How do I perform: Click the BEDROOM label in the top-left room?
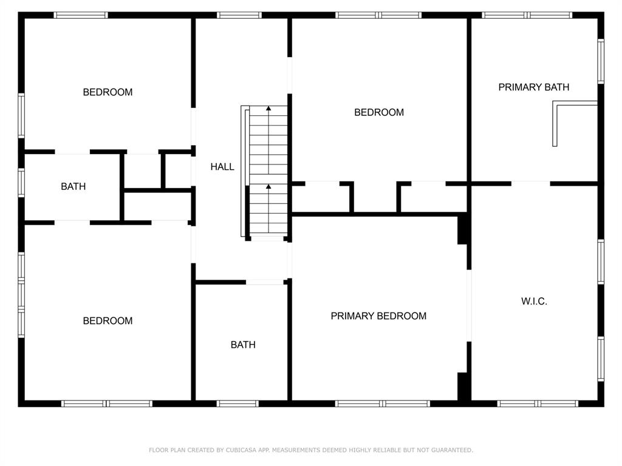pyautogui.click(x=108, y=92)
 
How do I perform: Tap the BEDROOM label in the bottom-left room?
pyautogui.click(x=108, y=321)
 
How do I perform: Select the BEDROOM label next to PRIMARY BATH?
pyautogui.click(x=379, y=112)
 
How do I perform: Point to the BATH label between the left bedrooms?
pyautogui.click(x=73, y=187)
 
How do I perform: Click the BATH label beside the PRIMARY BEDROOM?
pyautogui.click(x=243, y=345)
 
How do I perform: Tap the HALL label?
pyautogui.click(x=222, y=167)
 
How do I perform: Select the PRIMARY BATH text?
pyautogui.click(x=534, y=87)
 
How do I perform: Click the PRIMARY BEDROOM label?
pyautogui.click(x=378, y=316)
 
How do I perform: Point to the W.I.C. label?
pyautogui.click(x=534, y=302)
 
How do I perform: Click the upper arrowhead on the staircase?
pyautogui.click(x=268, y=109)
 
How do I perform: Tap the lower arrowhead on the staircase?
pyautogui.click(x=268, y=187)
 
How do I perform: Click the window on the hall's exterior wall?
pyautogui.click(x=239, y=15)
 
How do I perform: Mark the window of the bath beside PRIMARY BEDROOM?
pyautogui.click(x=238, y=404)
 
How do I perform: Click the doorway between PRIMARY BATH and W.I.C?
pyautogui.click(x=530, y=183)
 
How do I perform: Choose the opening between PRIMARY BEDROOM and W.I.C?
pyautogui.click(x=469, y=305)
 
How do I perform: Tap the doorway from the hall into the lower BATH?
pyautogui.click(x=265, y=282)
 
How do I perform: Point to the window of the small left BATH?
pyautogui.click(x=21, y=182)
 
